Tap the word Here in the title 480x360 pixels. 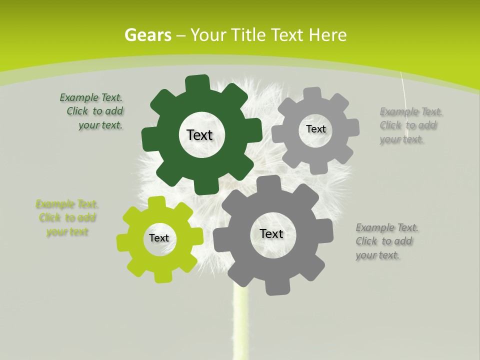tap(328, 35)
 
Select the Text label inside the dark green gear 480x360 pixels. tap(200, 135)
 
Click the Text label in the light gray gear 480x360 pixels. tap(315, 129)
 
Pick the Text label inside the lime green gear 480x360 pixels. tap(159, 238)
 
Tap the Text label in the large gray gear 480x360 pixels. tap(271, 233)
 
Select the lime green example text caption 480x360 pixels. tap(67, 218)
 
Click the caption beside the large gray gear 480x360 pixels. tap(384, 241)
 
